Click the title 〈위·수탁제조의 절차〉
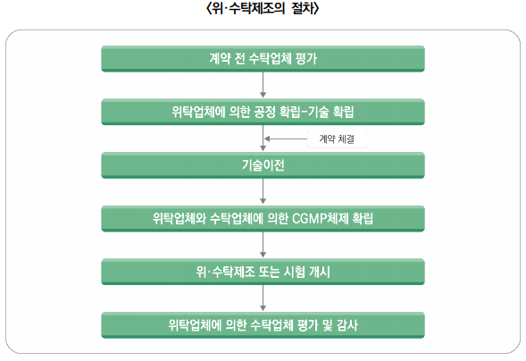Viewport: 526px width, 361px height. [x=263, y=8]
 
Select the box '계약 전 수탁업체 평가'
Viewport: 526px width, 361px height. [x=263, y=59]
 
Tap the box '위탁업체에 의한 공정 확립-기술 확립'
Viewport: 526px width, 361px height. [x=263, y=112]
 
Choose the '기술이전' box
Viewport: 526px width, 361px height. [x=263, y=165]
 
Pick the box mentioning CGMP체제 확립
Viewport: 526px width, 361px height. [x=263, y=218]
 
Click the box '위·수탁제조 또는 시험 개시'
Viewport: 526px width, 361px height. [x=263, y=272]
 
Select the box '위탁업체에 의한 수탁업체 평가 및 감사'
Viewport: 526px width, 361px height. [x=263, y=325]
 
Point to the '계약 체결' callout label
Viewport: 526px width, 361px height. [x=337, y=139]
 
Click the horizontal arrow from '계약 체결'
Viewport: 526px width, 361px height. [x=286, y=139]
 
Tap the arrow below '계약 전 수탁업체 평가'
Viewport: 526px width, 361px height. [x=263, y=85]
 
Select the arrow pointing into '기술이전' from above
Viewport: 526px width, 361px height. [x=263, y=138]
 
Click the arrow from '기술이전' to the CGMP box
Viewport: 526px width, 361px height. [x=263, y=191]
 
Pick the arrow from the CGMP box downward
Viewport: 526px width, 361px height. [x=263, y=245]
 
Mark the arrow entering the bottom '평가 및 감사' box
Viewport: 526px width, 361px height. [x=263, y=298]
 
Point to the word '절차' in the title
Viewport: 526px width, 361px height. [x=302, y=8]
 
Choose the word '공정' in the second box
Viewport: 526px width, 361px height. [x=264, y=112]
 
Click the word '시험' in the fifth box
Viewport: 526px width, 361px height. [x=294, y=272]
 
